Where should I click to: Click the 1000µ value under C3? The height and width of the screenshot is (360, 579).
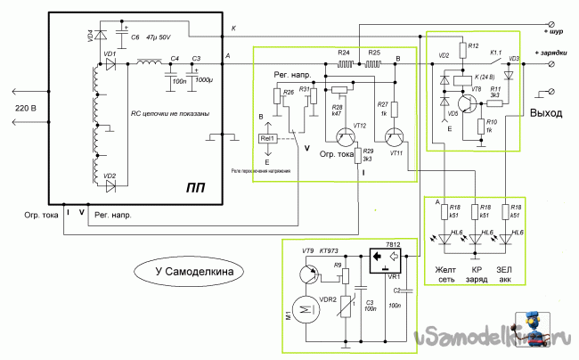click(203, 81)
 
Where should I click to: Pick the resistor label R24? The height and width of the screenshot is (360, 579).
click(344, 53)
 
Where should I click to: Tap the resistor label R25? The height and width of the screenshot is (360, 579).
click(374, 53)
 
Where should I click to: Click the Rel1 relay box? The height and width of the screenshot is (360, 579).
click(268, 139)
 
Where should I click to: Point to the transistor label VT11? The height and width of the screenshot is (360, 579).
click(396, 152)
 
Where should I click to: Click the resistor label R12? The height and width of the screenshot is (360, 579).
click(473, 45)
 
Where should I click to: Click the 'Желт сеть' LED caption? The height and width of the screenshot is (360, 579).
click(445, 274)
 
